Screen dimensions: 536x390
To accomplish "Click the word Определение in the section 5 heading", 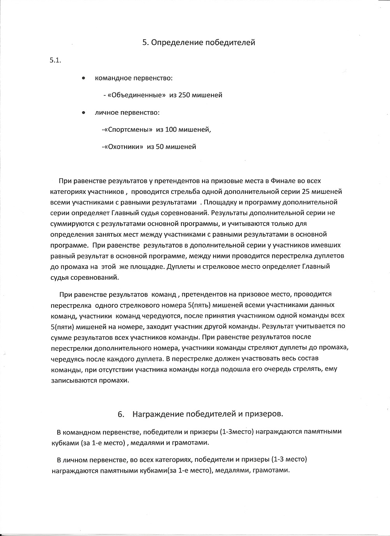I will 174,43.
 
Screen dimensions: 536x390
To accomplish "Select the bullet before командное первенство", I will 83,78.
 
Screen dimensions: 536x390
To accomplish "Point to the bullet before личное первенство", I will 83,113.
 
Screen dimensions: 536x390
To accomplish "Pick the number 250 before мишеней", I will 185,95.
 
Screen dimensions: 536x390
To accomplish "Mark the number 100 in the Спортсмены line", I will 172,130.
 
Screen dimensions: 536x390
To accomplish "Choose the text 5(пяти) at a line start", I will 64,326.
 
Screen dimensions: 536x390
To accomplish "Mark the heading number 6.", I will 121,414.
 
